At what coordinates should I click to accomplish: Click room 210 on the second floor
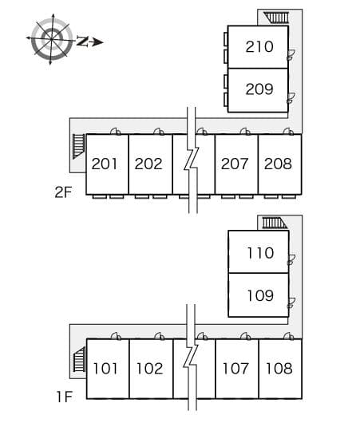[x=259, y=47]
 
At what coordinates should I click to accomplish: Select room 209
[x=259, y=89]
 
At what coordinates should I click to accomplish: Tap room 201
[x=105, y=164]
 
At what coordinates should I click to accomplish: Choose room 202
[x=148, y=164]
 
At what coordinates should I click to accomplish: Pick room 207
[x=235, y=164]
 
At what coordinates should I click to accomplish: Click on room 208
[x=278, y=164]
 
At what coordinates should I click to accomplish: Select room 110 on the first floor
[x=259, y=253]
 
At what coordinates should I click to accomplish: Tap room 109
[x=259, y=296]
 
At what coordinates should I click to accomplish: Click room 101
[x=106, y=369]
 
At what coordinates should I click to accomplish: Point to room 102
[x=149, y=369]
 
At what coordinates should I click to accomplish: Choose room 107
[x=235, y=369]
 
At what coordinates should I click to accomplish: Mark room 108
[x=279, y=369]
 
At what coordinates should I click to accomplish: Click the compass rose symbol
[x=52, y=38]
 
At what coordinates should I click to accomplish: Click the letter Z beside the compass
[x=82, y=42]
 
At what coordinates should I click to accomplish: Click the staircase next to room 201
[x=77, y=147]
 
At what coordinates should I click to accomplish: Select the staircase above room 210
[x=277, y=17]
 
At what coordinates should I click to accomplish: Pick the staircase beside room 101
[x=78, y=361]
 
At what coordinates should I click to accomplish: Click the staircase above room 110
[x=274, y=223]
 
